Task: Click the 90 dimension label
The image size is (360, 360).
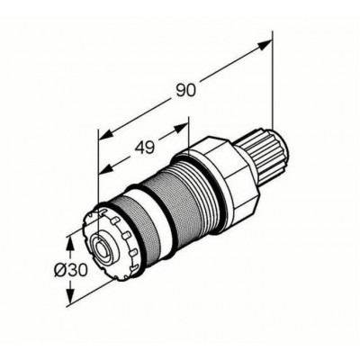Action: (x=185, y=91)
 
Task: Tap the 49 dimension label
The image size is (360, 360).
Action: (x=144, y=148)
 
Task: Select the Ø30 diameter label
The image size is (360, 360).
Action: (x=70, y=270)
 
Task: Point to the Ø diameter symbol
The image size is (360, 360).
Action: (x=60, y=270)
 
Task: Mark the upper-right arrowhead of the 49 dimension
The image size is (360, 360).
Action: (x=182, y=128)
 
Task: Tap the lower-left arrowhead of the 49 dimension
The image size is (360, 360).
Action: (x=106, y=170)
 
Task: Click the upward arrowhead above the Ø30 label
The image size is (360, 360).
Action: (x=70, y=243)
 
